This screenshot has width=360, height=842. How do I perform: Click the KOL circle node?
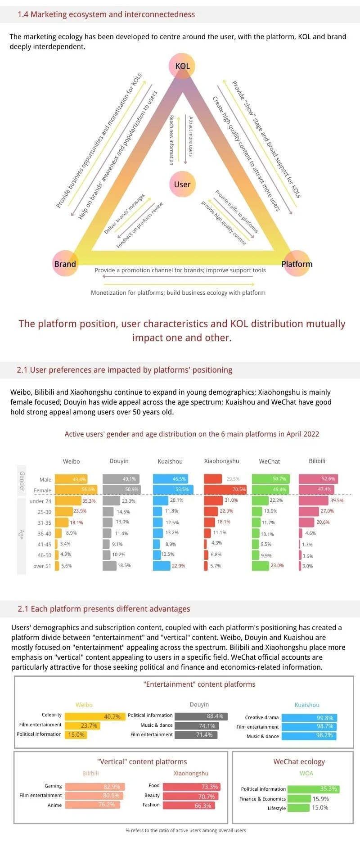point(182,66)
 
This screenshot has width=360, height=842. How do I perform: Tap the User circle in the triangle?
point(182,184)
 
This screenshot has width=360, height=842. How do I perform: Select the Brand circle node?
point(65,264)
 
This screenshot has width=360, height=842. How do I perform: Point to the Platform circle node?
point(297,264)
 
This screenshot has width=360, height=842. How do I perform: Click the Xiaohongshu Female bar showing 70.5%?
point(225,489)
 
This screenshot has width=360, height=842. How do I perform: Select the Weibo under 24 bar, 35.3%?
point(68,500)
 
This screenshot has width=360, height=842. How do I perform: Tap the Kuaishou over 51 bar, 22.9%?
point(162,566)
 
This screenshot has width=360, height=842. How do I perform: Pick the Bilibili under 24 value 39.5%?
point(337,500)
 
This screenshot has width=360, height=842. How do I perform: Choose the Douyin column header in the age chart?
point(119,461)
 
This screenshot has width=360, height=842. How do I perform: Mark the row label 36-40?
point(45,533)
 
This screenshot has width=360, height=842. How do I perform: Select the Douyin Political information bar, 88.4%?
point(201,716)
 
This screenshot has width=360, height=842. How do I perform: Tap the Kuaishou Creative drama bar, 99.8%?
point(309,718)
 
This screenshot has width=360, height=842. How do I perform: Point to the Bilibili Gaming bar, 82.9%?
point(94,787)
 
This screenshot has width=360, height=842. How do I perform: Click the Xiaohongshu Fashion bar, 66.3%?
point(189,806)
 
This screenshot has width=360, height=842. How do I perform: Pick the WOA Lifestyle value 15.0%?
point(320,807)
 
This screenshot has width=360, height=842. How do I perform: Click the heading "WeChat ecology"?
point(299,761)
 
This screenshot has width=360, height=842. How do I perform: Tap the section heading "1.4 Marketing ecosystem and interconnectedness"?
point(106,14)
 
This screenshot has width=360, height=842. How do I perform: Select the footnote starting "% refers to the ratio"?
point(186,830)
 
